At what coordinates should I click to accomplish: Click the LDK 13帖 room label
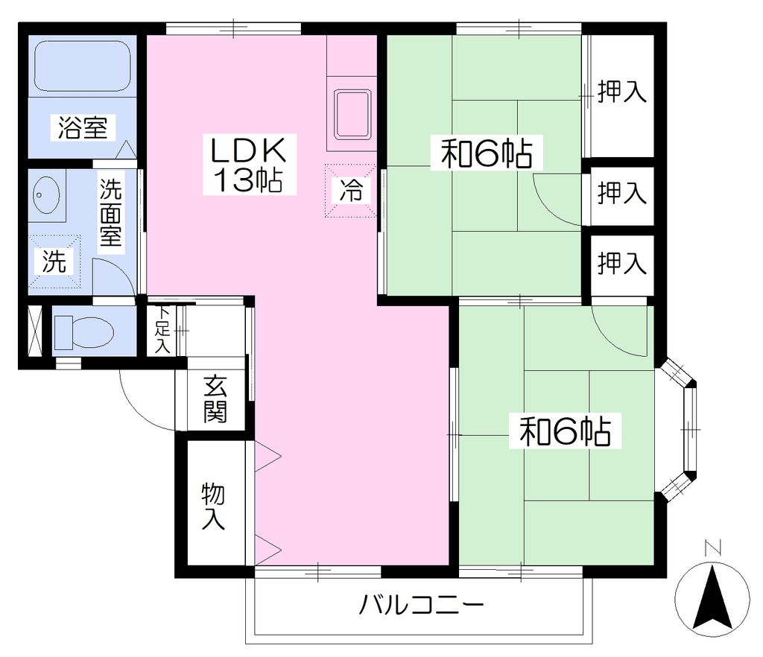pos(249,165)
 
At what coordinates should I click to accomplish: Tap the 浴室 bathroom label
pos(83,127)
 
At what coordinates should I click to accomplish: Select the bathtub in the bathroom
pos(82,66)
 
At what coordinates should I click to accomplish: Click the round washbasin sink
pos(46,195)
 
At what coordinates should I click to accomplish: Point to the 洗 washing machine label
pos(54,261)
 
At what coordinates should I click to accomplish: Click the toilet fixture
pos(83,333)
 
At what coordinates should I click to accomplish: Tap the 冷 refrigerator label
pos(350,190)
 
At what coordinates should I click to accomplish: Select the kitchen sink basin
pos(352,114)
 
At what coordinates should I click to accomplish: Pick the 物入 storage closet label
pos(213,506)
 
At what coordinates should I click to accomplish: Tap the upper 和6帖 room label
pos(486,153)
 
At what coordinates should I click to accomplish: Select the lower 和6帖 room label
pos(565,431)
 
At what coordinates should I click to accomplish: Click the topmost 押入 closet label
pos(622,92)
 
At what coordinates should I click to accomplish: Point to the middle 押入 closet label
pos(622,193)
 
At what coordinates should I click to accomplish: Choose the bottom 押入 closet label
pos(622,263)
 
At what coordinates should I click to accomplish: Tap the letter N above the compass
pos(713,548)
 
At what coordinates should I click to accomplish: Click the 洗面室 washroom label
pos(111,212)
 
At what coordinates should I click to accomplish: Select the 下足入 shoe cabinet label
pos(162,330)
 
